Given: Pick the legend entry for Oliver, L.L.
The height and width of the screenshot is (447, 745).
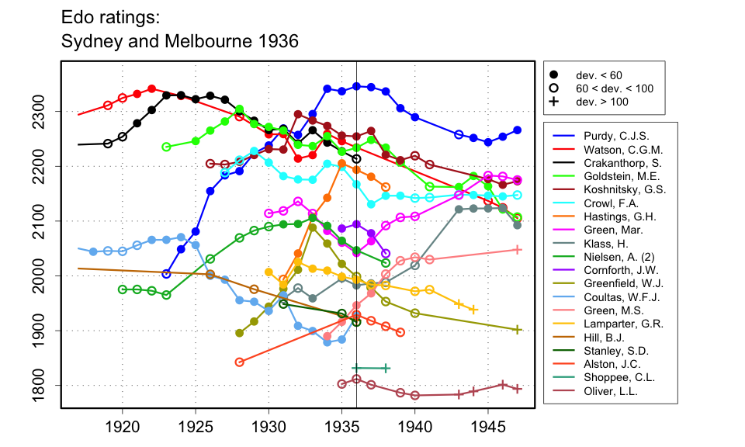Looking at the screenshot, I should coord(610,390).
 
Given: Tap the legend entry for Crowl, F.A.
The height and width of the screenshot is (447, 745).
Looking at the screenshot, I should coord(608,202).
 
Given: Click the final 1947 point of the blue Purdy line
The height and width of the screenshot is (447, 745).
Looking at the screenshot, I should coord(518,130).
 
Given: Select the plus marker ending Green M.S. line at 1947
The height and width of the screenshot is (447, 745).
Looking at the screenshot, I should coord(518,249).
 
